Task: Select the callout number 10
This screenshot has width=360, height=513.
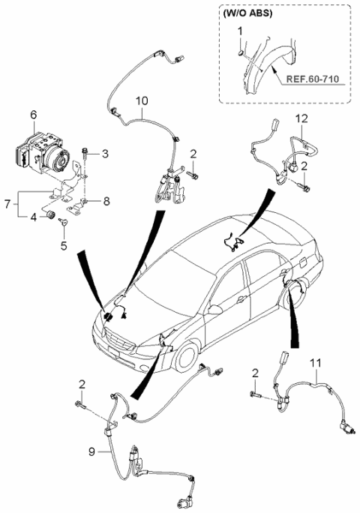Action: click(x=142, y=100)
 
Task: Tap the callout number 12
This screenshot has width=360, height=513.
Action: click(x=301, y=118)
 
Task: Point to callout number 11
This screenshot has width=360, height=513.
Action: click(x=317, y=363)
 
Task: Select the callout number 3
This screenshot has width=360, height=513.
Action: click(x=105, y=154)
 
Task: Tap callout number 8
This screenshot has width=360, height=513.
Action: click(x=106, y=201)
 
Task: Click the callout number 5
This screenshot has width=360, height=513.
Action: click(x=63, y=244)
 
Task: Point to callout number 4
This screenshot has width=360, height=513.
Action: click(x=33, y=217)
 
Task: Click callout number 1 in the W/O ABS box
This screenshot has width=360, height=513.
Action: click(x=240, y=31)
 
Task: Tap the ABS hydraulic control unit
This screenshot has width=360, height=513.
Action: click(x=45, y=150)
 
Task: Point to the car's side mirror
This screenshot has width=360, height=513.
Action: click(x=215, y=308)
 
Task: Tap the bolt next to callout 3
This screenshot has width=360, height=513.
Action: click(x=88, y=156)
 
